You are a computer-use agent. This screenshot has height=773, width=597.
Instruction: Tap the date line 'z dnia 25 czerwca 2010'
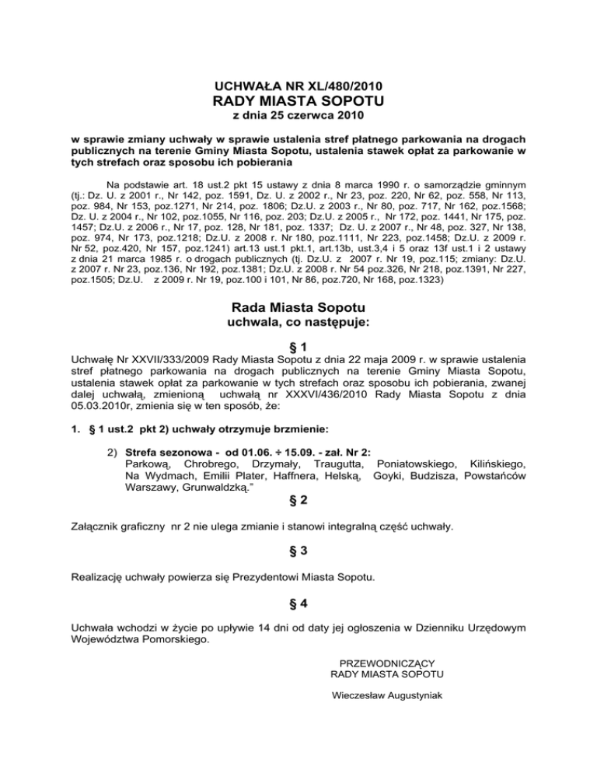coord(298,117)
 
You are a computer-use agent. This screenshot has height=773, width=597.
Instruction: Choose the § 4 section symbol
coord(298,603)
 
